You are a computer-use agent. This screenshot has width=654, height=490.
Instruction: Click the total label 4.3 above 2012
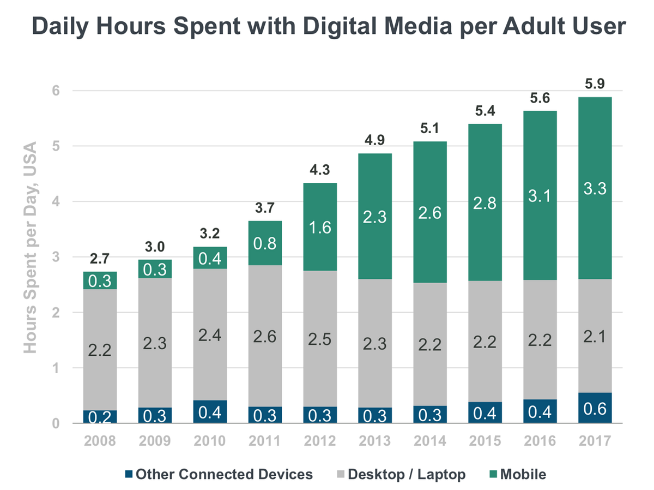pos(320,170)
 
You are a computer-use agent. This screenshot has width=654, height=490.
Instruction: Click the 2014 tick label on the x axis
pos(431,440)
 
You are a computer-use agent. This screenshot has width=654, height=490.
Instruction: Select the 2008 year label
pos(100,440)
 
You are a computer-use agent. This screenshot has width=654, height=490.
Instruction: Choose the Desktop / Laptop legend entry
pos(405,474)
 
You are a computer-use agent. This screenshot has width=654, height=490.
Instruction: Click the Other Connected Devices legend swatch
pos(129,474)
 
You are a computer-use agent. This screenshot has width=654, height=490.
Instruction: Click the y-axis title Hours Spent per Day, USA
pos(31,247)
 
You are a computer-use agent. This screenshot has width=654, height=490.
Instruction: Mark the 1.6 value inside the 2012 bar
pos(320,226)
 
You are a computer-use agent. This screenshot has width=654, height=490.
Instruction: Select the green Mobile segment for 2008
pos(100,280)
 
